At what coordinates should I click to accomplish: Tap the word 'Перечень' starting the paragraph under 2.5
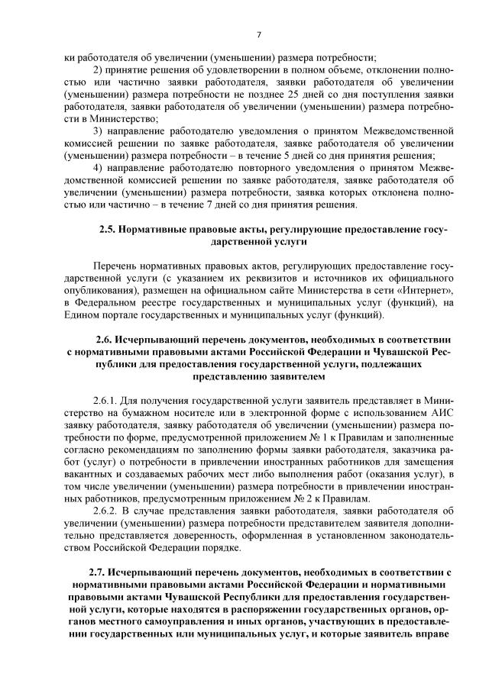coord(115,266)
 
